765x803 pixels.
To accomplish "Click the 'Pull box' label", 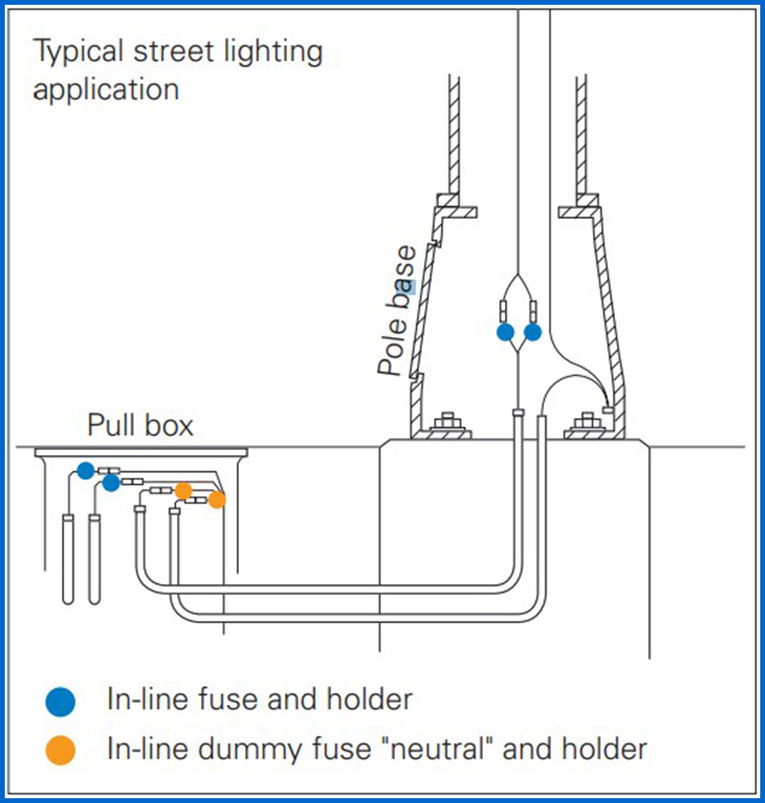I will (141, 424).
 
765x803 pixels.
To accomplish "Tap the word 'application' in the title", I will (105, 90).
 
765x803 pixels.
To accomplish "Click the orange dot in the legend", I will (60, 749).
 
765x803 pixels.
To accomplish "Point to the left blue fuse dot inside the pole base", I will (505, 333).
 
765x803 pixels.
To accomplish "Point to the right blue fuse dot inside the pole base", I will (533, 333).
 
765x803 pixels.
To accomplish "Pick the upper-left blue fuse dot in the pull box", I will (86, 470).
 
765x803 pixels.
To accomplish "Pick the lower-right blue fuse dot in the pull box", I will (111, 484).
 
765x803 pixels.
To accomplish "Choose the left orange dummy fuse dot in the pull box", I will (184, 491).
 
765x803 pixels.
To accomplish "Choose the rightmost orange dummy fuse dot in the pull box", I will (217, 499).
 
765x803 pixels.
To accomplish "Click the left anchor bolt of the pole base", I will (447, 424).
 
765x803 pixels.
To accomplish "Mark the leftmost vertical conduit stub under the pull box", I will (68, 558).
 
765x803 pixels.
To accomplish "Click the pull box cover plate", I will (141, 452).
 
